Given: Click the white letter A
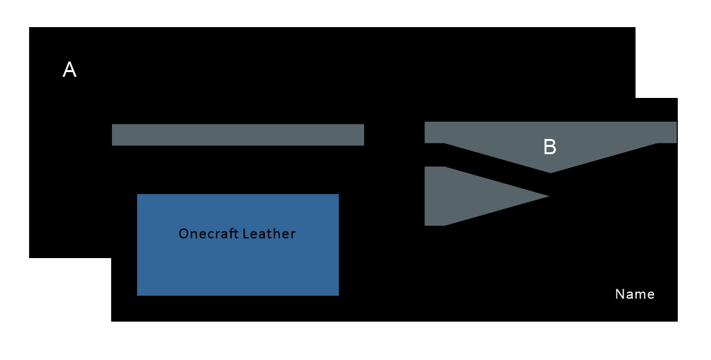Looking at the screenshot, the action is click(x=70, y=69).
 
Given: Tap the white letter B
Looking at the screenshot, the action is click(x=549, y=147).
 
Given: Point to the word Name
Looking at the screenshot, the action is click(x=634, y=294).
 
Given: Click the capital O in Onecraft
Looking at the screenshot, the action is click(x=183, y=234).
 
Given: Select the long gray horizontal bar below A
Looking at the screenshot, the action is click(x=238, y=134).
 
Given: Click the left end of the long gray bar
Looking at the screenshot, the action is click(x=114, y=134).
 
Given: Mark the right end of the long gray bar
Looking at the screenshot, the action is click(x=362, y=134).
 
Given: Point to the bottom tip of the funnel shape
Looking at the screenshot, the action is click(x=550, y=172).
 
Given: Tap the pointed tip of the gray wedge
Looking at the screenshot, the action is click(x=548, y=196).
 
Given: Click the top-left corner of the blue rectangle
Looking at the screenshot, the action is click(x=138, y=195).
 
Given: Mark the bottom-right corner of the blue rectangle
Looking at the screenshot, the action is click(x=338, y=294).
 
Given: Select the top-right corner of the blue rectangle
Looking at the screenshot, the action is click(x=338, y=195).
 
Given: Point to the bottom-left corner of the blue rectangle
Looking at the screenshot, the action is click(x=138, y=294).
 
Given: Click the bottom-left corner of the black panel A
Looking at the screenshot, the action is click(x=30, y=257).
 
